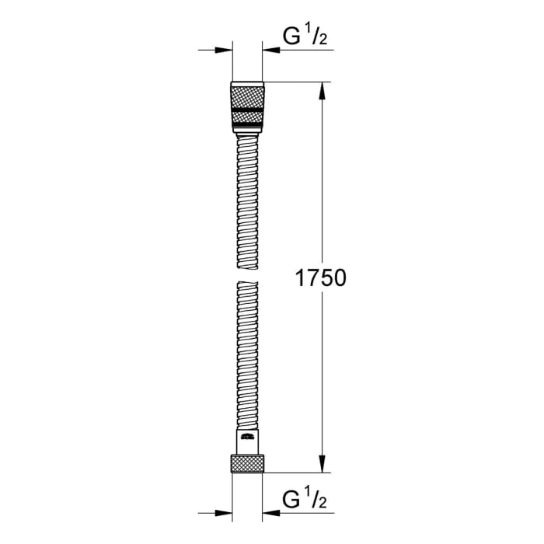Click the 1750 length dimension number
(x=319, y=278)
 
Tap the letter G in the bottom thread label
(x=290, y=497)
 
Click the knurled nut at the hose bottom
(x=248, y=464)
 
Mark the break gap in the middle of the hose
(x=248, y=272)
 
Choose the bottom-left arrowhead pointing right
(x=227, y=513)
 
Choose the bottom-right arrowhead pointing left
(x=269, y=513)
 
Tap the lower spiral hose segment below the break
(x=248, y=350)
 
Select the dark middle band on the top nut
(x=248, y=110)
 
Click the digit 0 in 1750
(x=338, y=278)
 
